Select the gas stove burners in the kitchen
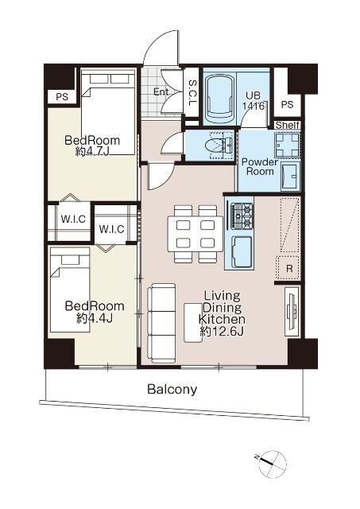tap(242, 216)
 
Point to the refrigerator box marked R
tap(288, 268)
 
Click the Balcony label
tap(172, 389)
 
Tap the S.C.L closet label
tap(192, 94)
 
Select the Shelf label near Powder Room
tap(287, 125)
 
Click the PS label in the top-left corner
tap(62, 97)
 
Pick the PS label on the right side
tap(287, 104)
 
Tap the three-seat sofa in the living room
tap(162, 323)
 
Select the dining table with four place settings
tap(195, 234)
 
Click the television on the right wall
tap(292, 312)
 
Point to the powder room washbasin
tap(290, 177)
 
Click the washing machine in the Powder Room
tap(287, 145)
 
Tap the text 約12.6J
tap(223, 332)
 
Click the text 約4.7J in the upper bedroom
tap(92, 152)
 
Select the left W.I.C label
tap(73, 219)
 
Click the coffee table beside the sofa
tap(193, 322)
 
